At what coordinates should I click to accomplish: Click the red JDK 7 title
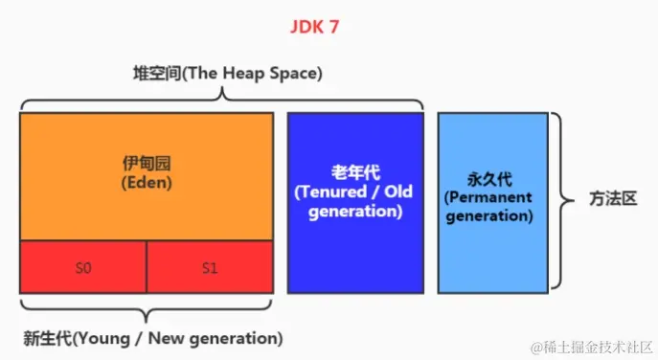pyautogui.click(x=315, y=26)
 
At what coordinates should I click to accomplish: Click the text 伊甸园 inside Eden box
pyautogui.click(x=147, y=163)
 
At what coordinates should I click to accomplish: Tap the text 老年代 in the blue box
pyautogui.click(x=355, y=172)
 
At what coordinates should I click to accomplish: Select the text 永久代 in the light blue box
pyautogui.click(x=488, y=178)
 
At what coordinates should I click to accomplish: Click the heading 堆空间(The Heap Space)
pyautogui.click(x=227, y=73)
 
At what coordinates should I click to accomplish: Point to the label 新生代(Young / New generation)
pyautogui.click(x=152, y=338)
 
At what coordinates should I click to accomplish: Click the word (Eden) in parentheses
pyautogui.click(x=147, y=183)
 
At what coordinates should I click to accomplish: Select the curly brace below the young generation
pyautogui.click(x=146, y=311)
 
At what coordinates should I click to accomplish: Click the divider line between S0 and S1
pyautogui.click(x=147, y=267)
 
